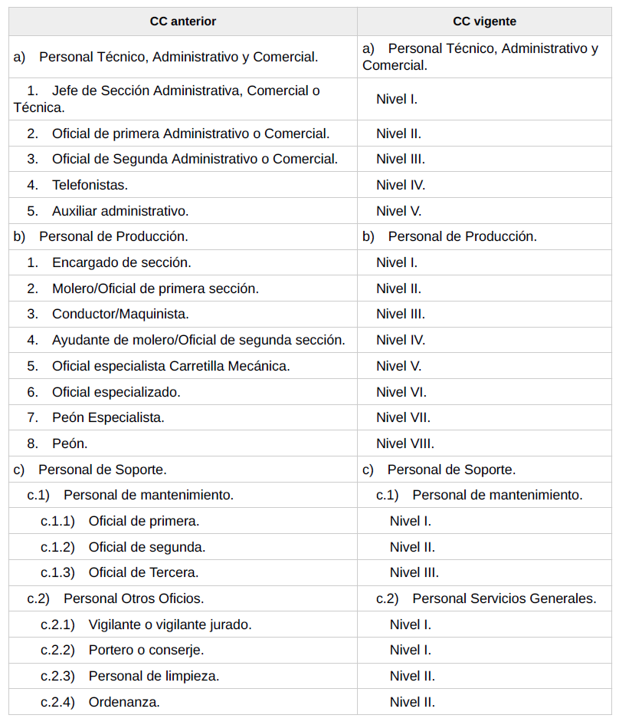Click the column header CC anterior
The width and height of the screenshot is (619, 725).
pos(182,21)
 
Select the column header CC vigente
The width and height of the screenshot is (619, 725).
pos(484,21)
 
